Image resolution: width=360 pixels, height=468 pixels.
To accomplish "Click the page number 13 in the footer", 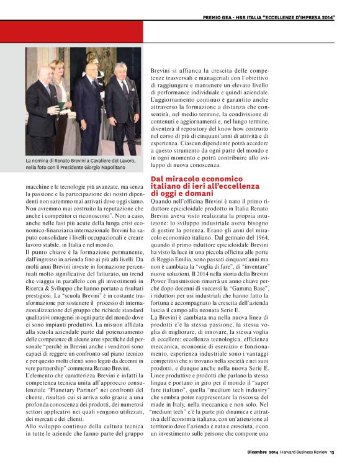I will tap(333, 451).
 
